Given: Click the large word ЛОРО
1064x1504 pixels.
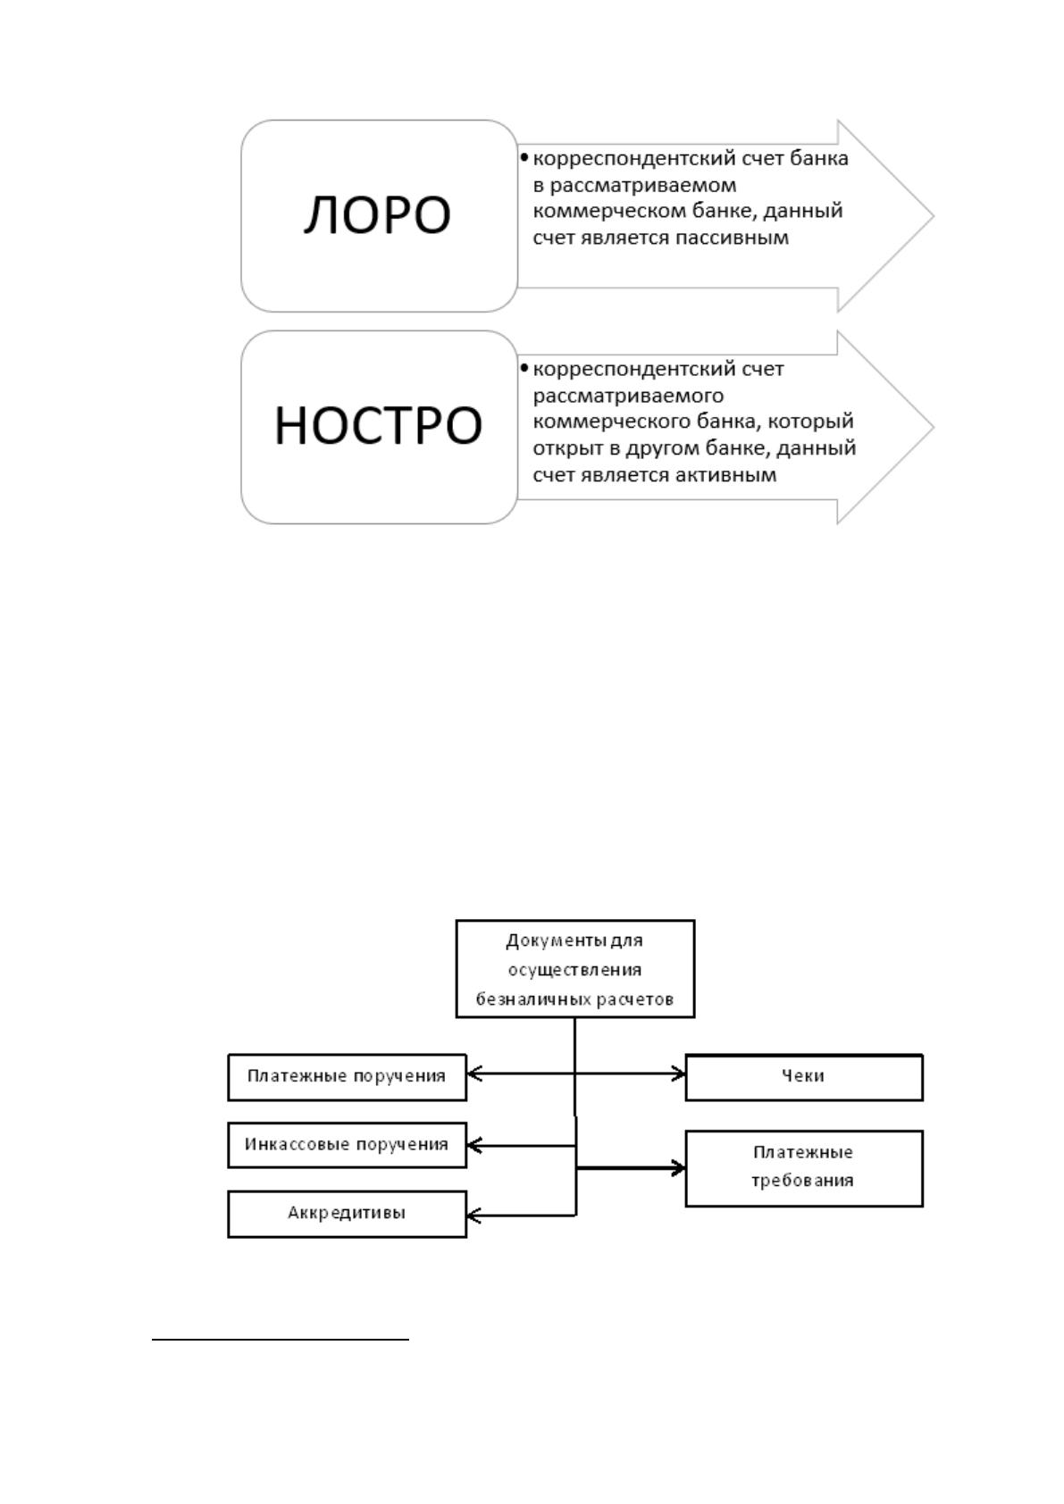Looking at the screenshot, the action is [x=378, y=215].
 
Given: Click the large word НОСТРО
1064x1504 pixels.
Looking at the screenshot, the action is [x=378, y=426].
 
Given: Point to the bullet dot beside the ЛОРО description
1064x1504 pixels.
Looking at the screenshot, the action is [x=524, y=157].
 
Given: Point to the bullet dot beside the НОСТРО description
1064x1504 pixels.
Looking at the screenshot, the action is [x=524, y=368].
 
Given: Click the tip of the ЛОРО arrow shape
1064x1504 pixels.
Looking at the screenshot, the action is [x=934, y=215].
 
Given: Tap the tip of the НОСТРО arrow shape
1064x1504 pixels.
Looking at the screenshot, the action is [x=934, y=426].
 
